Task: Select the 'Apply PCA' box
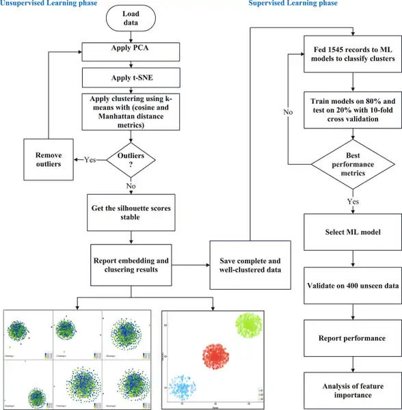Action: (x=130, y=51)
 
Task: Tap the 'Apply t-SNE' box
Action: (x=130, y=74)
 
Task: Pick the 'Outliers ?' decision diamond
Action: (x=130, y=160)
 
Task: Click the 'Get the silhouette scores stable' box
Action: (x=130, y=213)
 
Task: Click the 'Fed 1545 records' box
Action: (x=352, y=53)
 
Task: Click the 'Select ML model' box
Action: (x=352, y=232)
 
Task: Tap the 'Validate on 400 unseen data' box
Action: (x=352, y=285)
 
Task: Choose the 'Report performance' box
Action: (x=352, y=338)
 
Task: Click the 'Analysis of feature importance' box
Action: (x=352, y=390)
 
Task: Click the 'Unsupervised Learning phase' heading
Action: (x=48, y=4)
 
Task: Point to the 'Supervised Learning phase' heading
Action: (x=292, y=4)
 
